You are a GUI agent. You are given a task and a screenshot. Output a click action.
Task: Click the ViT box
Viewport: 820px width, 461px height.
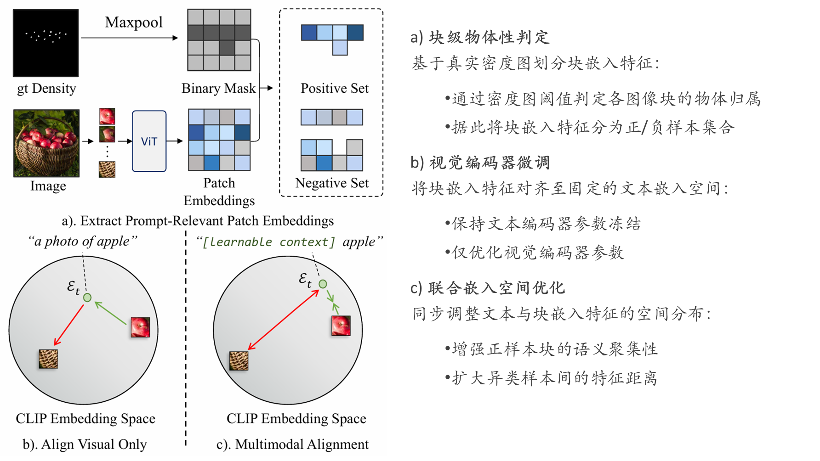pyautogui.click(x=149, y=141)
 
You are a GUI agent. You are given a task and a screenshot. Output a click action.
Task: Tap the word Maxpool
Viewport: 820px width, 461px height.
pyautogui.click(x=134, y=22)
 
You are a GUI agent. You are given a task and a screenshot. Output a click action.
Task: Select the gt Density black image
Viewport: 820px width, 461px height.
pyautogui.click(x=46, y=43)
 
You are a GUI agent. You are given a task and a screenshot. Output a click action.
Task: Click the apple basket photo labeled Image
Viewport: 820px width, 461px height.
pyautogui.click(x=46, y=143)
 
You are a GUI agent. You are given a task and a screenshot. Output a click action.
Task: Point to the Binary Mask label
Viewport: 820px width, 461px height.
pyautogui.click(x=218, y=88)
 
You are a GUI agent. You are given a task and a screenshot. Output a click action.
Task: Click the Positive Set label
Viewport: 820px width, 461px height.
pyautogui.click(x=335, y=88)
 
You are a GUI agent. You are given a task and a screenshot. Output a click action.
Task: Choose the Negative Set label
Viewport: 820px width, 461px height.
pyautogui.click(x=332, y=183)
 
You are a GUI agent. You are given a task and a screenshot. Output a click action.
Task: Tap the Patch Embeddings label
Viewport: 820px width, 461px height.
pyautogui.click(x=219, y=192)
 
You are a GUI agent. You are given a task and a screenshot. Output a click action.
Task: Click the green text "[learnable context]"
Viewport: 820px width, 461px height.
pyautogui.click(x=269, y=242)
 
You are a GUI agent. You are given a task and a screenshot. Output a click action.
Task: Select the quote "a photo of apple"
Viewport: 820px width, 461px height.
pyautogui.click(x=83, y=241)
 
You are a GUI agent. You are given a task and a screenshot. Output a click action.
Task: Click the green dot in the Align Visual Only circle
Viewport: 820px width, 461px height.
pyautogui.click(x=87, y=298)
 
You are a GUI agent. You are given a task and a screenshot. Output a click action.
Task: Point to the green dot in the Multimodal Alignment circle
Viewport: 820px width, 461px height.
pyautogui.click(x=323, y=284)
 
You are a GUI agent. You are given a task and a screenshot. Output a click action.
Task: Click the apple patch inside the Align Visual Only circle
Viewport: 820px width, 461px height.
pyautogui.click(x=140, y=327)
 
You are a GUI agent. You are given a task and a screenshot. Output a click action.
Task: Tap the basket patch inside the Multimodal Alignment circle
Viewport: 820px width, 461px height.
pyautogui.click(x=239, y=361)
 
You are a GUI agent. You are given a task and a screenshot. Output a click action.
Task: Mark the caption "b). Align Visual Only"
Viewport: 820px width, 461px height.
pyautogui.click(x=85, y=444)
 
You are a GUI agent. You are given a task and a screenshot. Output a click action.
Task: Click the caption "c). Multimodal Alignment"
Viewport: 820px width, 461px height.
pyautogui.click(x=293, y=444)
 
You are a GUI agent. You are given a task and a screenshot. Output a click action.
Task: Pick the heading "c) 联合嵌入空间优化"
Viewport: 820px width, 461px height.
pyautogui.click(x=488, y=288)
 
